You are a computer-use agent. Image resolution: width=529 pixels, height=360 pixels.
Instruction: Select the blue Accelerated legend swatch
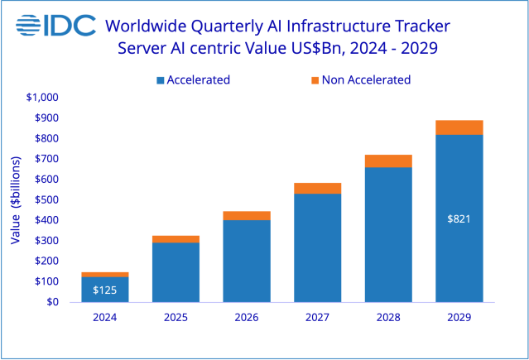(x=160, y=80)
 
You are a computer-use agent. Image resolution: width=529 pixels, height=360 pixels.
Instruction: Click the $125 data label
(x=104, y=290)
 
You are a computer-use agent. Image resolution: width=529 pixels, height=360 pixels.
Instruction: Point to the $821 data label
(x=459, y=219)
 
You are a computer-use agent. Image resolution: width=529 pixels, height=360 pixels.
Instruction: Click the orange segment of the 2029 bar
(x=459, y=127)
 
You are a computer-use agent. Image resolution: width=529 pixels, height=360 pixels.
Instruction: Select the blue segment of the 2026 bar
(x=247, y=261)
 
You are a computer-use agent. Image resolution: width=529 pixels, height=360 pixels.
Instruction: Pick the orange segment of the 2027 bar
(x=317, y=188)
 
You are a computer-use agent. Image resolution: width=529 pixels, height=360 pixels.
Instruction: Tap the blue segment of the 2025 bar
(x=176, y=271)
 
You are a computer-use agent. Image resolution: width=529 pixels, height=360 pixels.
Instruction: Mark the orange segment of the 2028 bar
(x=388, y=161)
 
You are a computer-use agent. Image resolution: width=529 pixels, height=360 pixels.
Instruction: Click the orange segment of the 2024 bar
(x=104, y=274)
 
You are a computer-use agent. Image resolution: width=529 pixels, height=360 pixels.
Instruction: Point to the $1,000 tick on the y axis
(x=42, y=98)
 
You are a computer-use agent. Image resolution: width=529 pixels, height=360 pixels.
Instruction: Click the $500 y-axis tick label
(x=46, y=199)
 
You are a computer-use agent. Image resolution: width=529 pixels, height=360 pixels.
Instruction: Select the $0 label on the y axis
(x=53, y=302)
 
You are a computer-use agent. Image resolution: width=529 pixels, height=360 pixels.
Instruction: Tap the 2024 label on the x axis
(x=104, y=317)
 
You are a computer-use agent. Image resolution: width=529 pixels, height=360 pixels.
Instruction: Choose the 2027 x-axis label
(x=317, y=317)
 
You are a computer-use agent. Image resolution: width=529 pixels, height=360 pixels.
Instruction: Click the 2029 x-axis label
(x=459, y=317)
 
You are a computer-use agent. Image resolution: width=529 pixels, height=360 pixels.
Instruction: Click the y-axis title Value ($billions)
(x=16, y=200)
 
